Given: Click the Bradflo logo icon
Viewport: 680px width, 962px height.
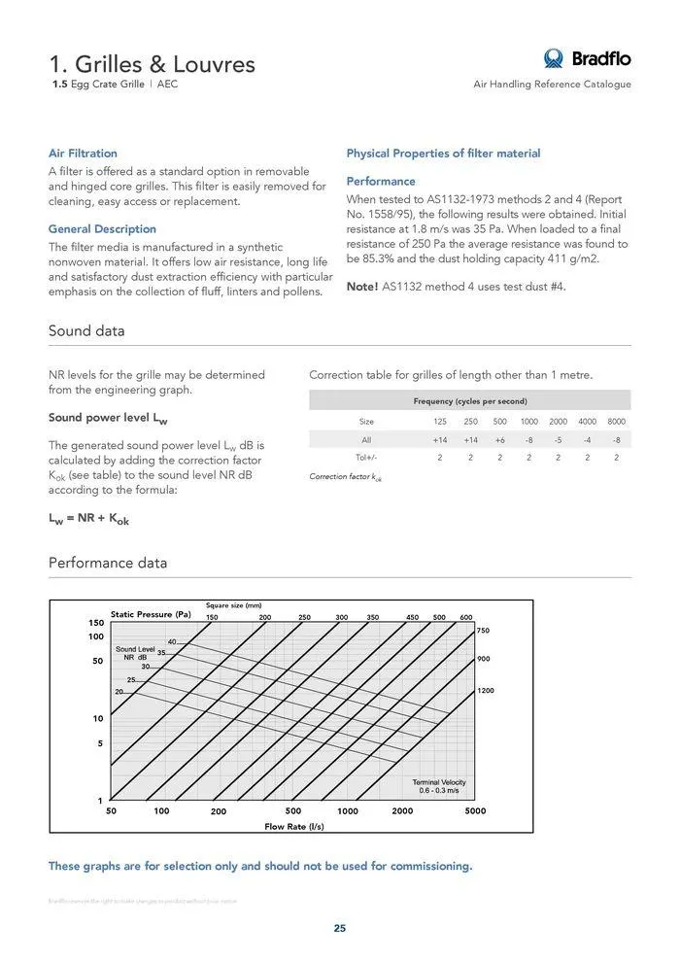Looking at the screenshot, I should (554, 58).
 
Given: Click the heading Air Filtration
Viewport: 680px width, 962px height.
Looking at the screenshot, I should (83, 154).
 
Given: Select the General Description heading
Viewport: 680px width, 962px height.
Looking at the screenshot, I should (102, 229).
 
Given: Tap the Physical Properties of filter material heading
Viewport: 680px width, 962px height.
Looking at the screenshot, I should (443, 154).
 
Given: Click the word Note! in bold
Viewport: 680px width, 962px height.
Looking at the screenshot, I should (362, 287).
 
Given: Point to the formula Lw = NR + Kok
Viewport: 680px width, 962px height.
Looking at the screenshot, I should (88, 520).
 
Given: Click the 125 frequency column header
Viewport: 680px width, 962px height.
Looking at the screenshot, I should (440, 422).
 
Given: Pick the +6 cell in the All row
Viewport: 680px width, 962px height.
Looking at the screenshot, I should (499, 440).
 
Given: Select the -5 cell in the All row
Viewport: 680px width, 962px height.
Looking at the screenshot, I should (559, 440).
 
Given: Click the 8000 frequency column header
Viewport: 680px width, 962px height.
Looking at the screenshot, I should (617, 422).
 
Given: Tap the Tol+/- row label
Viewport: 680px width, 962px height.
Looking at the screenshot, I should (366, 457).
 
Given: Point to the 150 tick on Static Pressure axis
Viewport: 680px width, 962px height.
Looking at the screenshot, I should (96, 622).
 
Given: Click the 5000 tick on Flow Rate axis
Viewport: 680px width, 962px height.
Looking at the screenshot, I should (475, 810).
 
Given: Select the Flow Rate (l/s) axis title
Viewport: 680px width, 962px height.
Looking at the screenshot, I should (294, 826).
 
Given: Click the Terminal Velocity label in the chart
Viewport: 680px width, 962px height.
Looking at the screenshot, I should (439, 782).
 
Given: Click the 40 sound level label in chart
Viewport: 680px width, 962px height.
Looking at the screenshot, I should (172, 641).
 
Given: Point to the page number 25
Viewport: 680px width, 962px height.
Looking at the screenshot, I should (340, 928).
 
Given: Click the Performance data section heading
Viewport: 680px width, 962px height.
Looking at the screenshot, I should (108, 564).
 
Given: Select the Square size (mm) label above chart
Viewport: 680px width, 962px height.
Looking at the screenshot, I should (234, 605).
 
